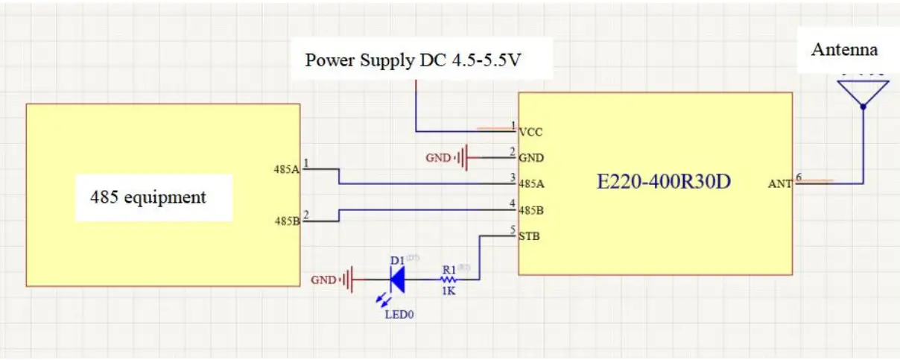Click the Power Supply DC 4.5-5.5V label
[x=412, y=60]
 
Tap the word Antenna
[x=844, y=50]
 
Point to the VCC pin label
[x=530, y=132]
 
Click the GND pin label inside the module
[x=531, y=158]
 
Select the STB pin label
[x=530, y=237]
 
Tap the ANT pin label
[x=780, y=184]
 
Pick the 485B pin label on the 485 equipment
[x=287, y=221]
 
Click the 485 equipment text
[x=148, y=198]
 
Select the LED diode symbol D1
[x=397, y=280]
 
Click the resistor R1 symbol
[x=449, y=280]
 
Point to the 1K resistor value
[x=449, y=291]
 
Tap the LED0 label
[x=399, y=315]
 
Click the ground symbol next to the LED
[x=346, y=280]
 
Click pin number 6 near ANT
[x=799, y=177]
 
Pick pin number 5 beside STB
[x=513, y=230]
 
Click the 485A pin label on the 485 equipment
[x=287, y=169]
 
